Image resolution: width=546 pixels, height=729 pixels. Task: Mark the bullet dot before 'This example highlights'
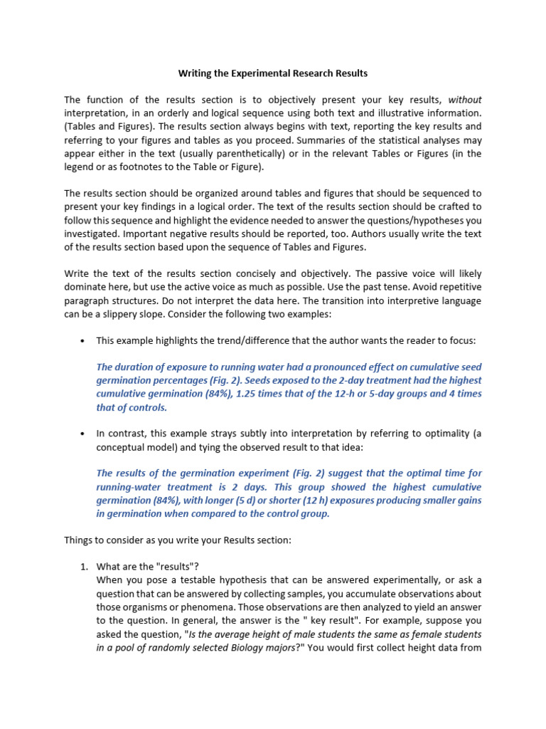[x=83, y=342]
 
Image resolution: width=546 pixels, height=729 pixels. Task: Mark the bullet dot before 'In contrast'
[x=83, y=434]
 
